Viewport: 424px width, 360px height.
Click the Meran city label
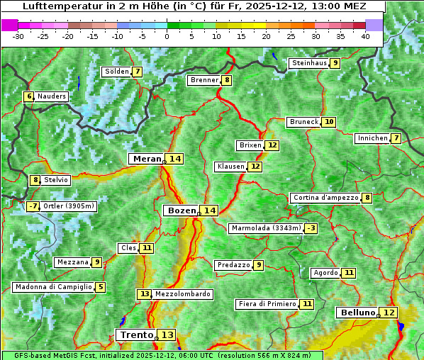pos(147,159)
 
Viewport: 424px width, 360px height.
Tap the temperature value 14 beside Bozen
pos(209,210)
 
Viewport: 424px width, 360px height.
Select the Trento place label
pos(136,334)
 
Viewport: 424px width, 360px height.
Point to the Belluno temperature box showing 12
pos(389,313)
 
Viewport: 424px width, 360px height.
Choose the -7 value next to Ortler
pos(33,207)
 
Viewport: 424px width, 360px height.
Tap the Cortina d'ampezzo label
pos(325,198)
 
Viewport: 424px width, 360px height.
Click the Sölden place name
pos(117,72)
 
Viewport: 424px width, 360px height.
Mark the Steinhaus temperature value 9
pos(335,63)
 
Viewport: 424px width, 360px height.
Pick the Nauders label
pos(52,96)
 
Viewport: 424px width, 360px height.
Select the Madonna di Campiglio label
pos(52,287)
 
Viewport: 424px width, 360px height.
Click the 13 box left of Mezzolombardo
pos(144,294)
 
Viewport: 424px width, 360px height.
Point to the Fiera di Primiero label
pos(267,304)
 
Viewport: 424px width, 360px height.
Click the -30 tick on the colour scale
pos(18,35)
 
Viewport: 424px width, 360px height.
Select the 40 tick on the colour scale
pos(365,35)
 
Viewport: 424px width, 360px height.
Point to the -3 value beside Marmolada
pos(311,228)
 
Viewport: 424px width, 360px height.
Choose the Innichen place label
pos(372,138)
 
